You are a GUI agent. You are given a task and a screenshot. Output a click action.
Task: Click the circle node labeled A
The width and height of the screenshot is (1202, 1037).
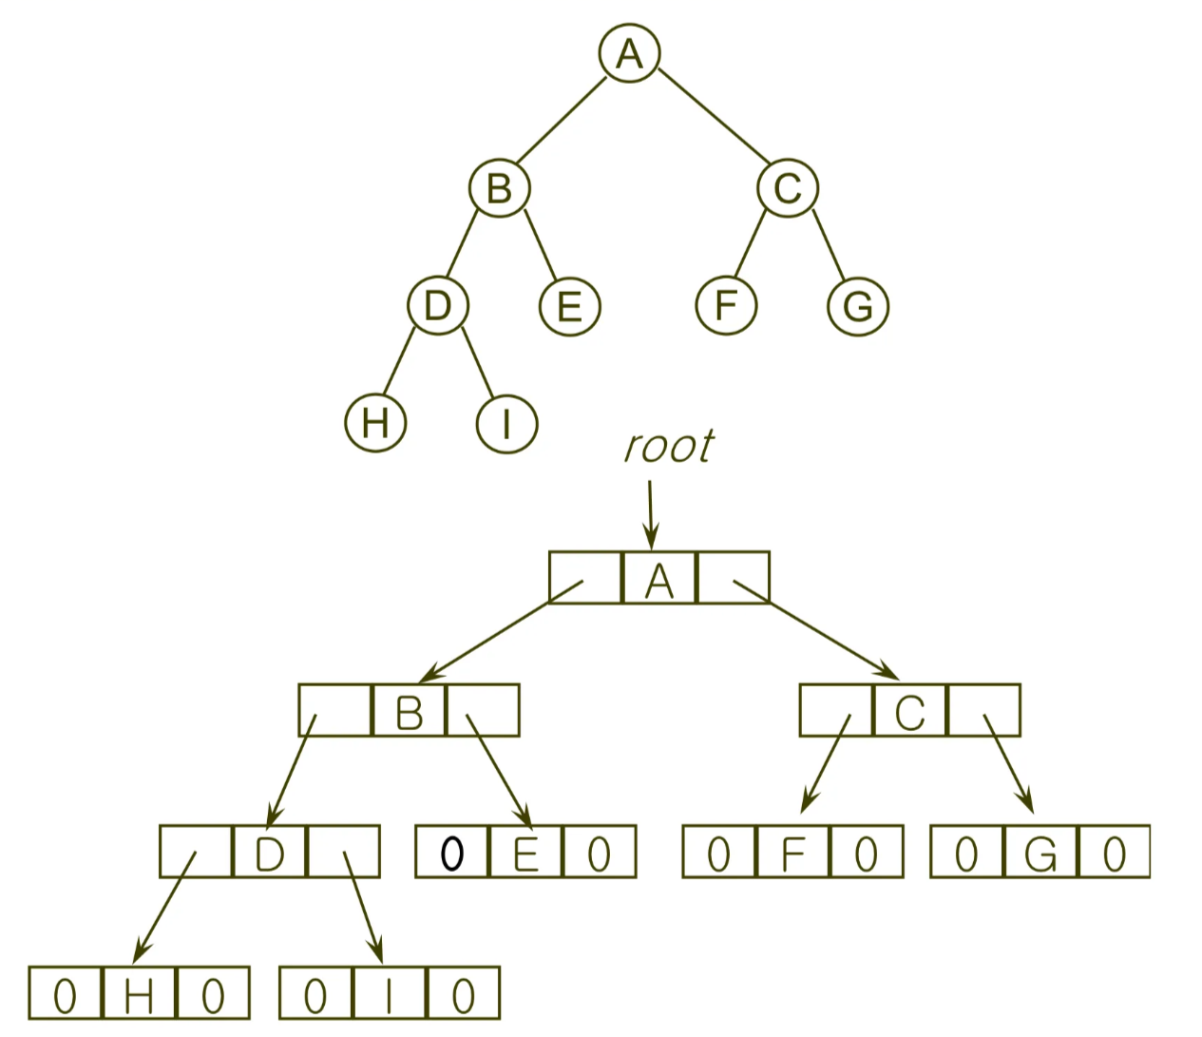(x=629, y=53)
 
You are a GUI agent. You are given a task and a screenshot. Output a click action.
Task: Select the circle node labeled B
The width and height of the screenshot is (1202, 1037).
(x=500, y=188)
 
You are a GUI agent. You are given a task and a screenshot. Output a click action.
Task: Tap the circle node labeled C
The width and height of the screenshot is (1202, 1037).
(x=788, y=188)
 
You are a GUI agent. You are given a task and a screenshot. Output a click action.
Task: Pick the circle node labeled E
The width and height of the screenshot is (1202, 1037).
(x=570, y=306)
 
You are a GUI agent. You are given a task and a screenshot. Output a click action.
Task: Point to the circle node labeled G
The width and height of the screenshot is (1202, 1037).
(x=858, y=306)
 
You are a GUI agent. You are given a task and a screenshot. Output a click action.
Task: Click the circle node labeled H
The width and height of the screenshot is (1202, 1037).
(x=375, y=423)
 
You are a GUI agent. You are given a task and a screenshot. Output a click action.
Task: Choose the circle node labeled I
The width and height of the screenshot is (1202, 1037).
(x=507, y=423)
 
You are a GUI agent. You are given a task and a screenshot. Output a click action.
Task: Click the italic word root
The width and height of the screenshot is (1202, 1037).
(x=669, y=447)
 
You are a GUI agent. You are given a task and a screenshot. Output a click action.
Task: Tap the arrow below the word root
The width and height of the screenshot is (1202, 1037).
(x=651, y=515)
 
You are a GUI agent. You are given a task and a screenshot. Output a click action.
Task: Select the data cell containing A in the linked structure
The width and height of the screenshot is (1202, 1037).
(x=658, y=578)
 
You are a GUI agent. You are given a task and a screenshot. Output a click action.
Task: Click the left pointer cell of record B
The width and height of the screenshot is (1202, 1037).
(x=335, y=710)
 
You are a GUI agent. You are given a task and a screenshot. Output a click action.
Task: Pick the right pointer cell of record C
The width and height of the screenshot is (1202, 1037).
(x=984, y=710)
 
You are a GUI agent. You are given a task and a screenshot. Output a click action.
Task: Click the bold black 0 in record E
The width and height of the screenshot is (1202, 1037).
(x=452, y=854)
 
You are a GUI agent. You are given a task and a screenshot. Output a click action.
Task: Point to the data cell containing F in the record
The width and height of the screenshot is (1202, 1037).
(x=793, y=851)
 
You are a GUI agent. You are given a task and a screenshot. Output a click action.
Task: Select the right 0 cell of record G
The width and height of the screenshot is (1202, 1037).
(x=1115, y=851)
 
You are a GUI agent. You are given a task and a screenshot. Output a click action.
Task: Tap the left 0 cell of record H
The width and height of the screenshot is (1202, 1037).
(x=66, y=992)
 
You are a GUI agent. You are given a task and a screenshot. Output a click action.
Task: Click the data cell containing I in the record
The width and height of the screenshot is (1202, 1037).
(x=390, y=992)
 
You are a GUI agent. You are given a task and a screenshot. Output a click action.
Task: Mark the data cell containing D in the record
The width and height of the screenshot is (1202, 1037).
(x=269, y=851)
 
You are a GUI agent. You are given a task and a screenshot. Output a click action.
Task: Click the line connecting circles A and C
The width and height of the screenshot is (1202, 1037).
(x=714, y=116)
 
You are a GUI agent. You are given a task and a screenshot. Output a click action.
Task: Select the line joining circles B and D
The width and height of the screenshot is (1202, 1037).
(x=462, y=242)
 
